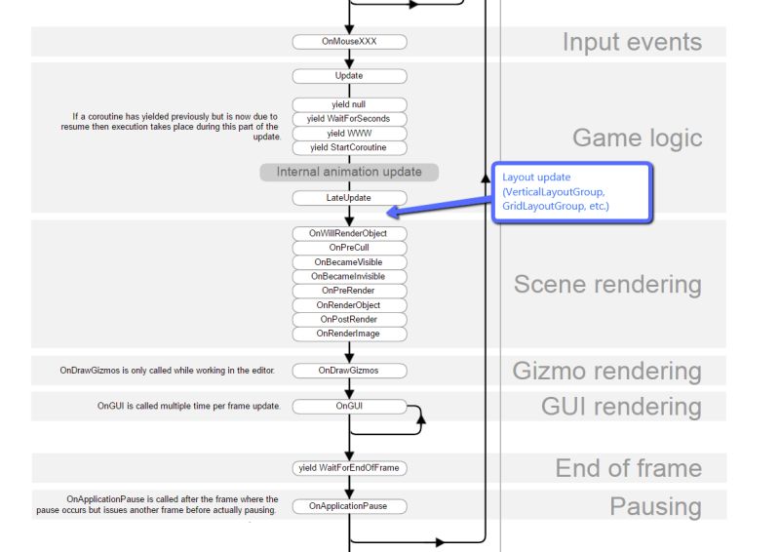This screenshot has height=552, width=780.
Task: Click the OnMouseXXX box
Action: (x=349, y=42)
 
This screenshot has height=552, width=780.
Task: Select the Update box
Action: (x=349, y=76)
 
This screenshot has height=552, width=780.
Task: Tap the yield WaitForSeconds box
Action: (x=349, y=119)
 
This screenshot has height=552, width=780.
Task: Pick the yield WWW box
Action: (x=349, y=134)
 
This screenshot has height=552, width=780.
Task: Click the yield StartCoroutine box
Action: (x=349, y=148)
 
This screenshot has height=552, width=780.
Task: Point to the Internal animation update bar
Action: (x=349, y=173)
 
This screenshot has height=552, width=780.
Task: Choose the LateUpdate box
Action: (x=349, y=198)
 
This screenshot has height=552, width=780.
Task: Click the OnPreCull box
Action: (x=349, y=248)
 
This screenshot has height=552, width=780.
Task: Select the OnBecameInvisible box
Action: (x=349, y=276)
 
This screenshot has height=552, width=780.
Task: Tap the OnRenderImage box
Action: (x=349, y=334)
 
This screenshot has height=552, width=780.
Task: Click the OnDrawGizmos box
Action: (x=349, y=371)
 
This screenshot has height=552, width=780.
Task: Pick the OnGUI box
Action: (x=349, y=406)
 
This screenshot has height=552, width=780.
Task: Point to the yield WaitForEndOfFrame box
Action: (x=349, y=468)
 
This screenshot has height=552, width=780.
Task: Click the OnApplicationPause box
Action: (x=349, y=506)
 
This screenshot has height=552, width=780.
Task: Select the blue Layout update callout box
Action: (x=570, y=192)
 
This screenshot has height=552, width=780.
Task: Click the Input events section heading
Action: (x=632, y=43)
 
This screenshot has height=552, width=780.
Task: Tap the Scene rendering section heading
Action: (x=607, y=285)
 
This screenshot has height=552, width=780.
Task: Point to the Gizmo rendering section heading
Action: (x=606, y=371)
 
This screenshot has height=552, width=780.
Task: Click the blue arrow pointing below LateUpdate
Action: (x=439, y=202)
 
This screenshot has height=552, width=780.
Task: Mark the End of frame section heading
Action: (x=628, y=468)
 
